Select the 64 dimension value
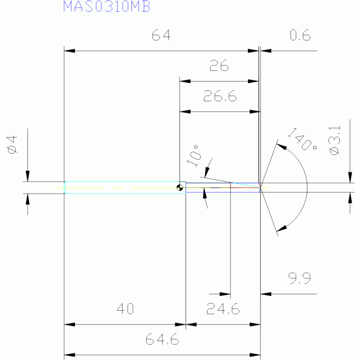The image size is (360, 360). (161, 36)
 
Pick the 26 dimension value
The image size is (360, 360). (219, 67)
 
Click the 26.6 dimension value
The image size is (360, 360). (220, 97)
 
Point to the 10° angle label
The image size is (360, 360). (194, 157)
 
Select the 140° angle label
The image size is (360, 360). (301, 139)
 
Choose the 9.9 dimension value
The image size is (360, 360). (300, 279)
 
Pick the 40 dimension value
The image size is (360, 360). (125, 309)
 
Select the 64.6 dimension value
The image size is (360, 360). (161, 339)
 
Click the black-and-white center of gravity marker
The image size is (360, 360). (180, 188)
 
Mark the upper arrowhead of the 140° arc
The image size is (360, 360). (281, 146)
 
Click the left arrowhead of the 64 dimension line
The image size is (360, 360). (69, 50)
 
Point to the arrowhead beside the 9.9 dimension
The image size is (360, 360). (266, 294)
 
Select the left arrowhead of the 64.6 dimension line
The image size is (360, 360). (69, 354)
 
